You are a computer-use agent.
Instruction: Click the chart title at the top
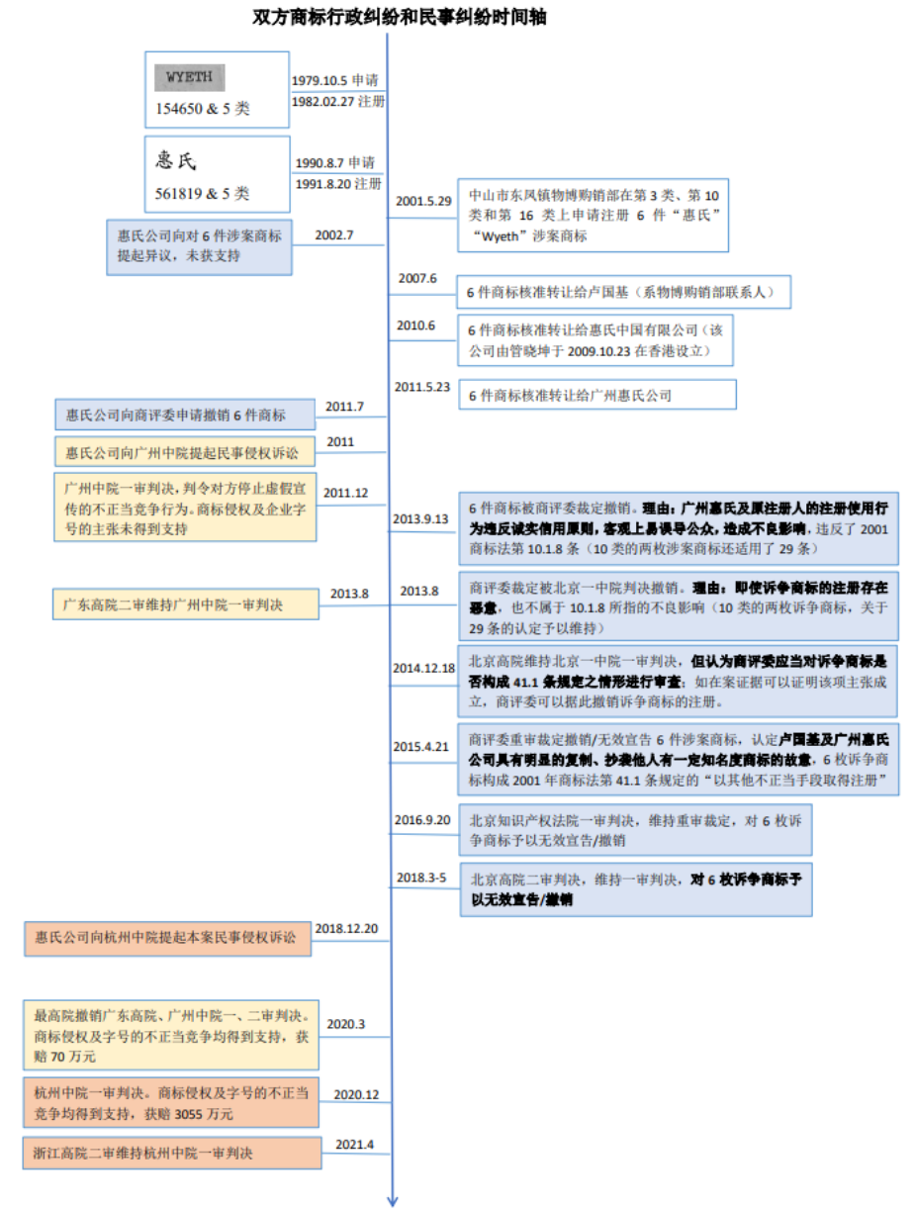pos(400,17)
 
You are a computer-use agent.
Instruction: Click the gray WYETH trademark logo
pos(189,77)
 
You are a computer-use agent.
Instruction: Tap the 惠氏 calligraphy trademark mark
pos(184,161)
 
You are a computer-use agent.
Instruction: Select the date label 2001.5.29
pos(423,201)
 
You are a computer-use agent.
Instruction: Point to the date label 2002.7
pos(334,235)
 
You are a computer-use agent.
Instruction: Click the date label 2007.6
pos(416,278)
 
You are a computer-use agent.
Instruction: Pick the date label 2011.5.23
pos(421,386)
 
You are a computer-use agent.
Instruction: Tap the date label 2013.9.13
pos(422,517)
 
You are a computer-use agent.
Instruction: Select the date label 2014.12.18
pos(424,668)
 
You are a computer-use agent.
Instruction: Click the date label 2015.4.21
pos(422,746)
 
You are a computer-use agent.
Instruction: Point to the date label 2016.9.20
pos(422,819)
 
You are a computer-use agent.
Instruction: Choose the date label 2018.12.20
pos(347,928)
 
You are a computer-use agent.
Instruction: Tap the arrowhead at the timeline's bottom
pos(393,1199)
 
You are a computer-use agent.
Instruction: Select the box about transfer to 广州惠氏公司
pos(597,395)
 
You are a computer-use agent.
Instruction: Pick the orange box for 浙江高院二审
pos(172,1154)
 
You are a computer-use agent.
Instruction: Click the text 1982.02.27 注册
pos(337,101)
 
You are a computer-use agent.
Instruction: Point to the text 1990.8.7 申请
pos(338,162)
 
